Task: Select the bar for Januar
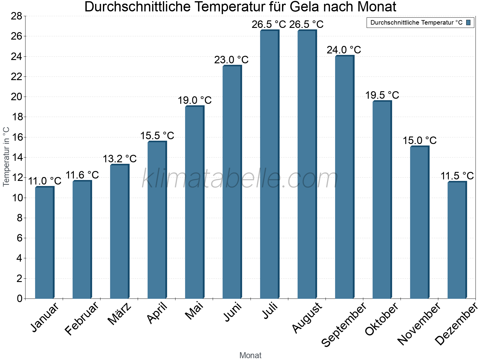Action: pos(44,243)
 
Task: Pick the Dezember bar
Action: pos(457,240)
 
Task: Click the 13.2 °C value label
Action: pos(120,159)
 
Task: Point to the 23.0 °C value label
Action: pos(231,60)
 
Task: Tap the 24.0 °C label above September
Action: pos(344,50)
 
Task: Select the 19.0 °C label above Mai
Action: pos(195,100)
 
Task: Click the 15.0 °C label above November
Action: pos(419,140)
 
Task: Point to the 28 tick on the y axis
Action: pos(16,16)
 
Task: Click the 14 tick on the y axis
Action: pos(16,157)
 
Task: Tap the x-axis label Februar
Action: pos(82,318)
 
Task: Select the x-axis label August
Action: pos(307,318)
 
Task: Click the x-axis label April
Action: pos(157,313)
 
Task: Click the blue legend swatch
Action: pos(468,22)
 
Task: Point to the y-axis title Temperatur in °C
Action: pos(6,157)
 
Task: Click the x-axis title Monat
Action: pos(250,355)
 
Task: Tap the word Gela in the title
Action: pos(312,7)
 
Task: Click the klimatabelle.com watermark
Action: pos(240,179)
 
